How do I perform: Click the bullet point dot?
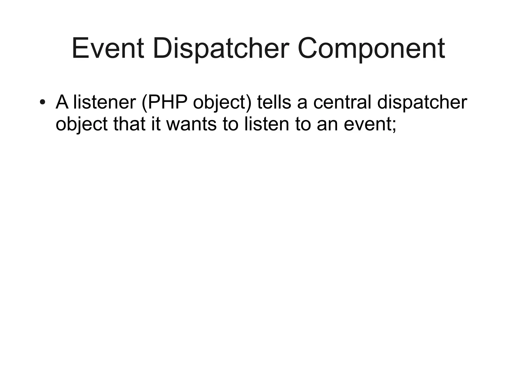point(42,102)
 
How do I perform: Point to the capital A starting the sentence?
point(62,102)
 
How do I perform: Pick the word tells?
point(274,102)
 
